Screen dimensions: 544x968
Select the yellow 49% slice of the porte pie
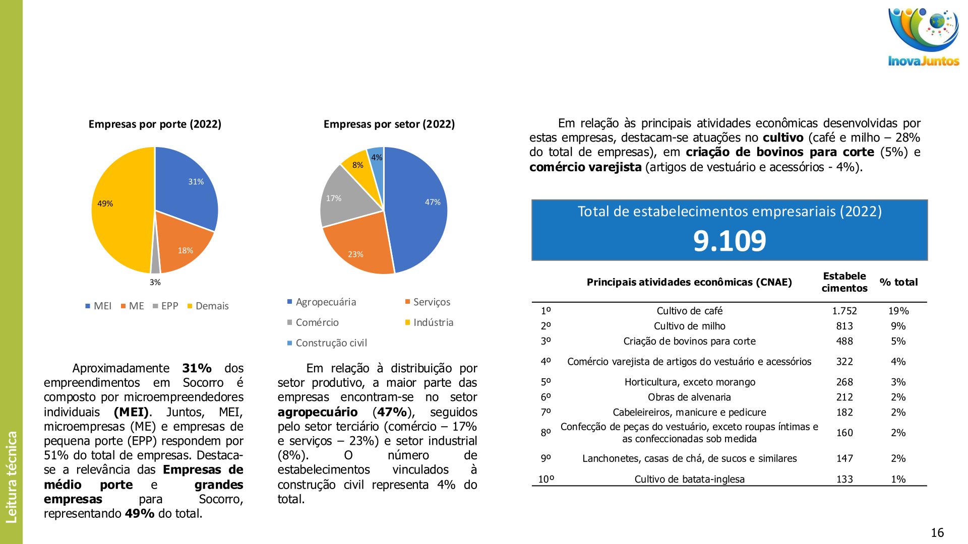(118, 212)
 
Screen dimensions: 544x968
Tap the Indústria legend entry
(433, 322)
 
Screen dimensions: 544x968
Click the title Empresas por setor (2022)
(389, 124)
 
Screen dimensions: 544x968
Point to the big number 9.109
(730, 241)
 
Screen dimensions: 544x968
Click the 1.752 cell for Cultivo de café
(844, 311)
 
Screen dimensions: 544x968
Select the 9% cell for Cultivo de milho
(898, 326)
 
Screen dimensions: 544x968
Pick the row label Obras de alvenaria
(689, 397)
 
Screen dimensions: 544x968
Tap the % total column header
(898, 282)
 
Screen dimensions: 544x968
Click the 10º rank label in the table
(546, 479)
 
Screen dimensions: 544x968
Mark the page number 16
(937, 532)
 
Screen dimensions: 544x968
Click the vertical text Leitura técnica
(11, 477)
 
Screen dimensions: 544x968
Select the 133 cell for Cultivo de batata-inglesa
(844, 479)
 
